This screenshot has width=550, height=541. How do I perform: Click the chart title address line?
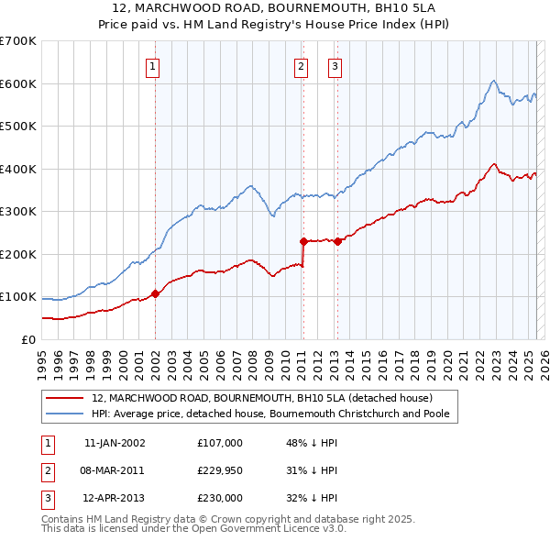tap(275, 8)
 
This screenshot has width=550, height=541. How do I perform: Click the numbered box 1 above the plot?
tap(152, 66)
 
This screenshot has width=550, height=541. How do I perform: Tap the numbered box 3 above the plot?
tap(335, 66)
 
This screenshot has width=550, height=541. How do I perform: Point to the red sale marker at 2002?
tap(155, 293)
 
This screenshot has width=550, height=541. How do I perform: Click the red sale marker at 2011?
tap(303, 241)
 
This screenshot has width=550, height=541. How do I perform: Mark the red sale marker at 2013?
tap(337, 241)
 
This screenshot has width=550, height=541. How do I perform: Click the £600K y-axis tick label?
tap(17, 83)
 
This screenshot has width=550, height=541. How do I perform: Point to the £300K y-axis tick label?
tap(17, 211)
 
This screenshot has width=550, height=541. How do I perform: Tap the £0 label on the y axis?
tap(28, 339)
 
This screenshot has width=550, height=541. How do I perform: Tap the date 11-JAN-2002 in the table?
tap(115, 443)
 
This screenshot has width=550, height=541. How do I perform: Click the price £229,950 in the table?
tap(220, 470)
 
